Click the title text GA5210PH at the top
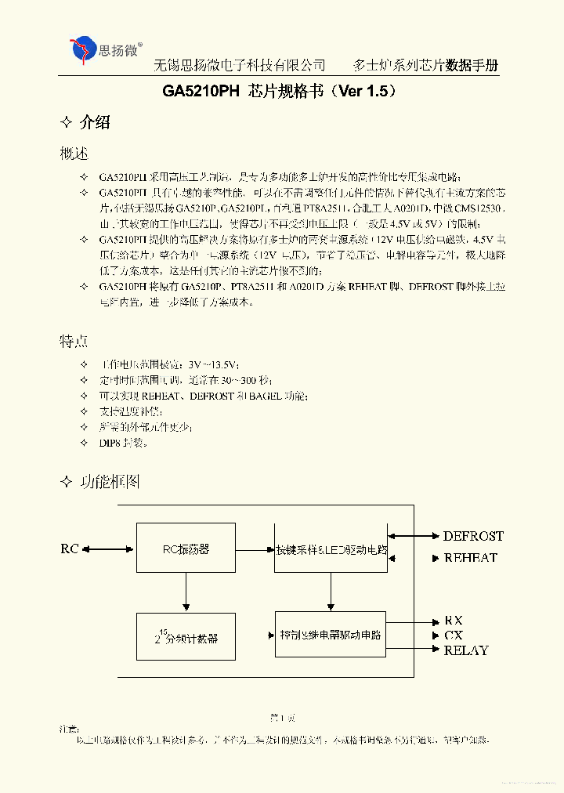(201, 91)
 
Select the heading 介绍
(95, 122)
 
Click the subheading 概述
(74, 154)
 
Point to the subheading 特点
(74, 342)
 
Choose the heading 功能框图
(110, 482)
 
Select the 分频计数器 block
(186, 638)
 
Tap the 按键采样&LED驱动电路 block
(331, 549)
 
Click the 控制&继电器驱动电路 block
(331, 635)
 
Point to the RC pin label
(70, 549)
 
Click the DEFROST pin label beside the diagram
(473, 536)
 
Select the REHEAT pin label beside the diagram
(470, 558)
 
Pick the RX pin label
(454, 621)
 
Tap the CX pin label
(454, 635)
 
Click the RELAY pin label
(466, 650)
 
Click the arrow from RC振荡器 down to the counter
(186, 592)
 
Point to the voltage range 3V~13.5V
(212, 365)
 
